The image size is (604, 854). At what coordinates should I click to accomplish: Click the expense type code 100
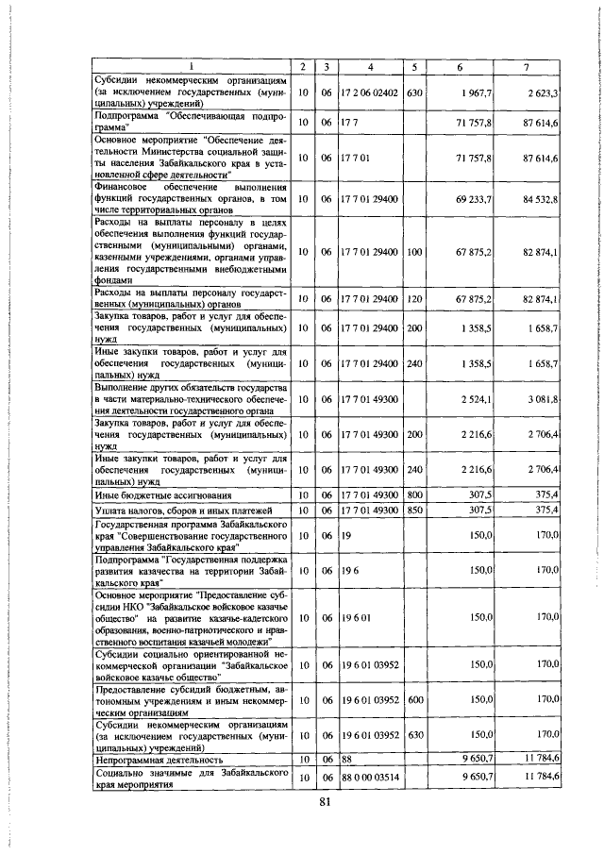click(414, 252)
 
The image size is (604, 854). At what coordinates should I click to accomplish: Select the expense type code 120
click(414, 299)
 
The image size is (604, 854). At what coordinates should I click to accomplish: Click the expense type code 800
click(414, 494)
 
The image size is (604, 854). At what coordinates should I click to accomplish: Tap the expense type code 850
click(414, 510)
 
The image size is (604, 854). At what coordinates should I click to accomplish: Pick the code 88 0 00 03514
click(371, 776)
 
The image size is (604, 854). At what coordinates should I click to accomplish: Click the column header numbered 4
click(371, 66)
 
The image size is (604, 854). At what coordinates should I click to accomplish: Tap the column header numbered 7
click(529, 66)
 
